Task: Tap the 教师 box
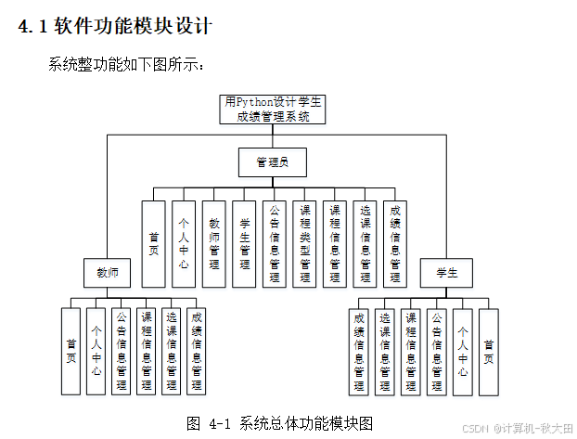(108, 273)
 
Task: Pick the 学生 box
(447, 273)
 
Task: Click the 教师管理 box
(214, 243)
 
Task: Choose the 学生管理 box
(244, 243)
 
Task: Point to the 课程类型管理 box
(304, 243)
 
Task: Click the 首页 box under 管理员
(154, 243)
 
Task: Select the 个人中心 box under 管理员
(184, 243)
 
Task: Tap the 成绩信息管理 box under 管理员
(395, 243)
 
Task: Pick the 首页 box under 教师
(71, 351)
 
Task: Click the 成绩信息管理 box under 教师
(196, 351)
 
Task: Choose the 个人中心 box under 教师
(96, 351)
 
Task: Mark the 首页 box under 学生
(488, 351)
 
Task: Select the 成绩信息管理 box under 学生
(359, 351)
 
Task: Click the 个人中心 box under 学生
(463, 351)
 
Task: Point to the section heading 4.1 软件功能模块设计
(115, 27)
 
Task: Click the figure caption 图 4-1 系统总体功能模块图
(279, 423)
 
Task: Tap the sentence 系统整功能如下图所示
(126, 66)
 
